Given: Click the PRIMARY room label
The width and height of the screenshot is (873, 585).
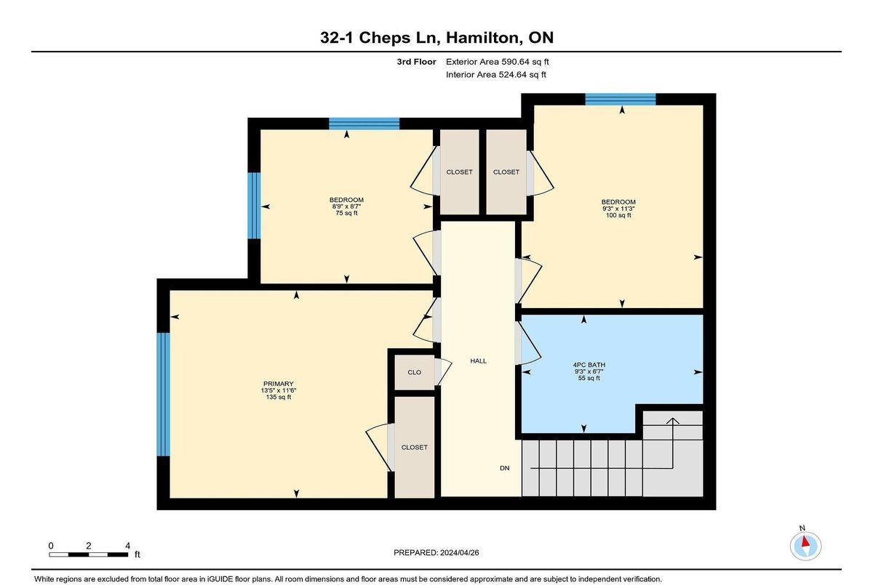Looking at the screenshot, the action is coord(278,384).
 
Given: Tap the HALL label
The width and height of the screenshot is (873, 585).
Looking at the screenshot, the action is coord(478,361).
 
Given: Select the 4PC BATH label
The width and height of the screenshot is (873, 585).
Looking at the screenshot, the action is coord(589,365).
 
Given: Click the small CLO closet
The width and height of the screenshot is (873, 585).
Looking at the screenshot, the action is coord(414,373).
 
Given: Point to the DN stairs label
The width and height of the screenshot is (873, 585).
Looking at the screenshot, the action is coord(504,468).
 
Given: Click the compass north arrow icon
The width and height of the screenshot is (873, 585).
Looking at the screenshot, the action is coord(805,546).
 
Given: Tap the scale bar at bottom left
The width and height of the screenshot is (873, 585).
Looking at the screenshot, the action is coord(89,554).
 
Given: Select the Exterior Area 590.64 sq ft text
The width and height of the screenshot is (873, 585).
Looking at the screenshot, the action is coord(498,62).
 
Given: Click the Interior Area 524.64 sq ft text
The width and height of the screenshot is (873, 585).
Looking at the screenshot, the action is coord(495,75).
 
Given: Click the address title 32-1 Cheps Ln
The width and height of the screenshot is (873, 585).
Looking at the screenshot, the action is coord(380,38).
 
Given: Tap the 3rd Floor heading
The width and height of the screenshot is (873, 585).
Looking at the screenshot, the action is coord(416,62).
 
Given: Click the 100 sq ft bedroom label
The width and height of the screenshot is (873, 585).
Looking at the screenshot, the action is coord(618,215).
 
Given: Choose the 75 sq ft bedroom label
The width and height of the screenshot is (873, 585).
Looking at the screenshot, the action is coord(346,214).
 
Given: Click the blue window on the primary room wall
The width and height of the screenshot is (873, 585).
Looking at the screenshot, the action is coord(163,395).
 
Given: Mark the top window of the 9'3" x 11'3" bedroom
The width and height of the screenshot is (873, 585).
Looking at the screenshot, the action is coord(621,100).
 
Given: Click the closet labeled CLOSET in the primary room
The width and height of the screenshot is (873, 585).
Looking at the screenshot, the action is coord(414,447).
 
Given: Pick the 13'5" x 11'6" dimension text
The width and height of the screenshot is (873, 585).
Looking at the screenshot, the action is coord(278,390).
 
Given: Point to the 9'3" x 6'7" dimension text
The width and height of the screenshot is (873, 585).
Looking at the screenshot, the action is coord(589,371).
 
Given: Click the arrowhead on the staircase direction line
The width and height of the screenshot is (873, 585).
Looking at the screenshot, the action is coord(673,420).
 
